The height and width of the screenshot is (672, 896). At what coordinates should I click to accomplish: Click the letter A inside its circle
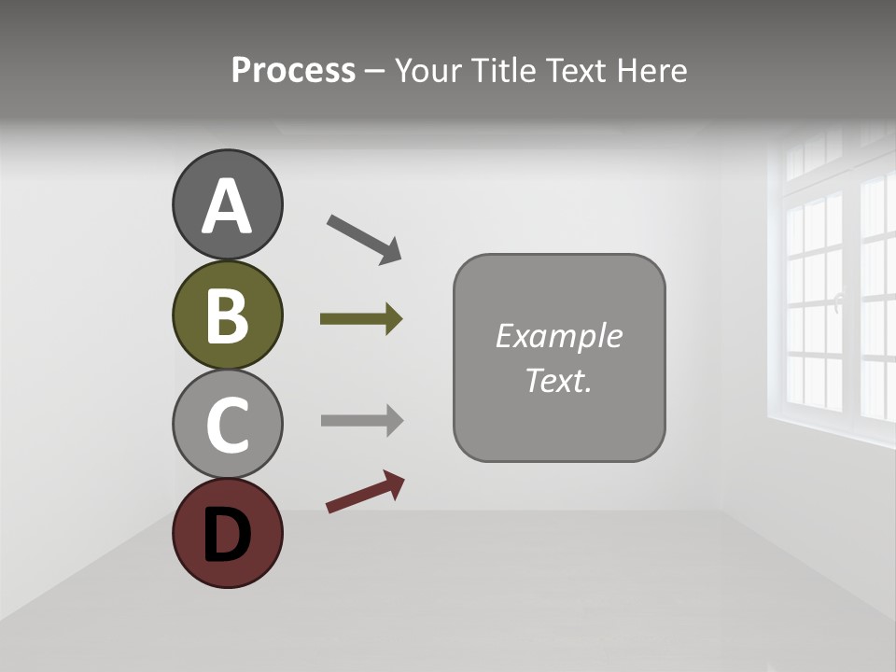click(x=227, y=206)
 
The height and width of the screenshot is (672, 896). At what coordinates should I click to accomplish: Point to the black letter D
click(x=227, y=536)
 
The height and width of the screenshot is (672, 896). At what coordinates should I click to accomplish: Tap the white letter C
click(x=227, y=426)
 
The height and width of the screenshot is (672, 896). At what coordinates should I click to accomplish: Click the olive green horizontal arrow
click(x=360, y=319)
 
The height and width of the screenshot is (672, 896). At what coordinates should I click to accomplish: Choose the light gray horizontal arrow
click(x=360, y=420)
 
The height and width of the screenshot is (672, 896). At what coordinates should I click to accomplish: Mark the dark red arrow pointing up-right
click(x=364, y=492)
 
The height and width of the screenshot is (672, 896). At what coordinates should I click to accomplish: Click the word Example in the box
click(x=558, y=336)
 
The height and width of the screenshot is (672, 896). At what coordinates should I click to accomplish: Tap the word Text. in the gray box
click(x=558, y=380)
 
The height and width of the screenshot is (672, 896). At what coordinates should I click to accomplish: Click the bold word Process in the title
click(x=293, y=71)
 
